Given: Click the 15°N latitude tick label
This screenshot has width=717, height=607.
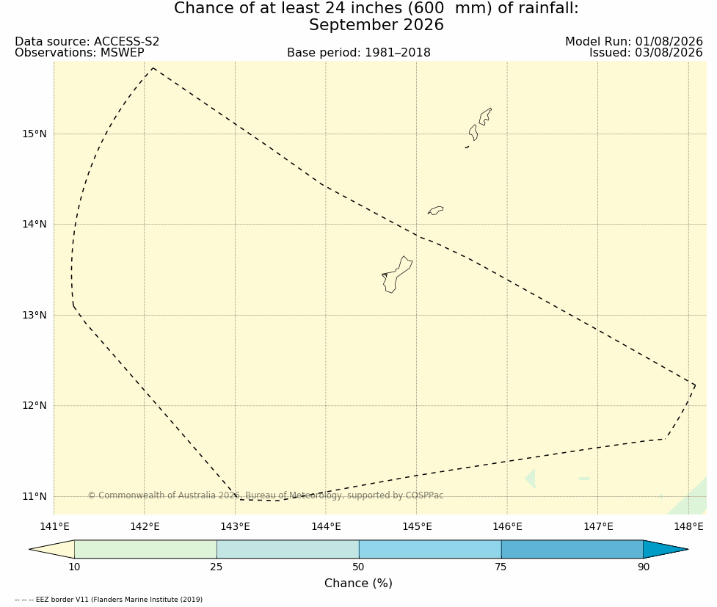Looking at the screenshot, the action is [x=34, y=134].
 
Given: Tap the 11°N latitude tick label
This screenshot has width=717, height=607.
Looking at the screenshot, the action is [x=34, y=496].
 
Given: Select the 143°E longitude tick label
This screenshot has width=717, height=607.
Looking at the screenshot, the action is [x=236, y=526].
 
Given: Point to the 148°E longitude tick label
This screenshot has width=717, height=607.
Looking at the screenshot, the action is [x=688, y=526].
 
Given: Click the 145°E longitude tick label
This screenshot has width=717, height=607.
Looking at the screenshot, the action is [x=417, y=526].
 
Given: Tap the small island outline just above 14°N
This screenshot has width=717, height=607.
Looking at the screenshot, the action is [x=435, y=211].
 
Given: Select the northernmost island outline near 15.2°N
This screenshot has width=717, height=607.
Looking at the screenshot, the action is [x=485, y=116].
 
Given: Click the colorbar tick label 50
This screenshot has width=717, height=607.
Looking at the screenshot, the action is [x=358, y=567].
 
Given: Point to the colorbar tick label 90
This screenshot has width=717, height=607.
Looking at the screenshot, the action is [x=644, y=567].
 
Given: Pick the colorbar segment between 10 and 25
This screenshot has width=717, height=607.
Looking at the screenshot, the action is [x=145, y=549].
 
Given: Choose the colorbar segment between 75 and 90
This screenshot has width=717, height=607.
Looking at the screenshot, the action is [x=572, y=549].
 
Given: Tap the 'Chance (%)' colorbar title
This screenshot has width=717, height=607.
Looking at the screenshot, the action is [x=358, y=584].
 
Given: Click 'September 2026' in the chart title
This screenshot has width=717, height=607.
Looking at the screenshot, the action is [x=376, y=25].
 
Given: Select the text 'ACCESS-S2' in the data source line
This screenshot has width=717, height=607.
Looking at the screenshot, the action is [x=127, y=42].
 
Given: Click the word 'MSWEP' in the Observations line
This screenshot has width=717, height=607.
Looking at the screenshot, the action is [x=122, y=53].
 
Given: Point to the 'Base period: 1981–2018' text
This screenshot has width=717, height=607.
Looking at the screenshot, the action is [x=358, y=53].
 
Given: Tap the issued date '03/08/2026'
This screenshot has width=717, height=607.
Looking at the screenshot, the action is [x=669, y=53].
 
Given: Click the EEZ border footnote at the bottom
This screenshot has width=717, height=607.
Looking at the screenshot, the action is [x=109, y=599].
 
